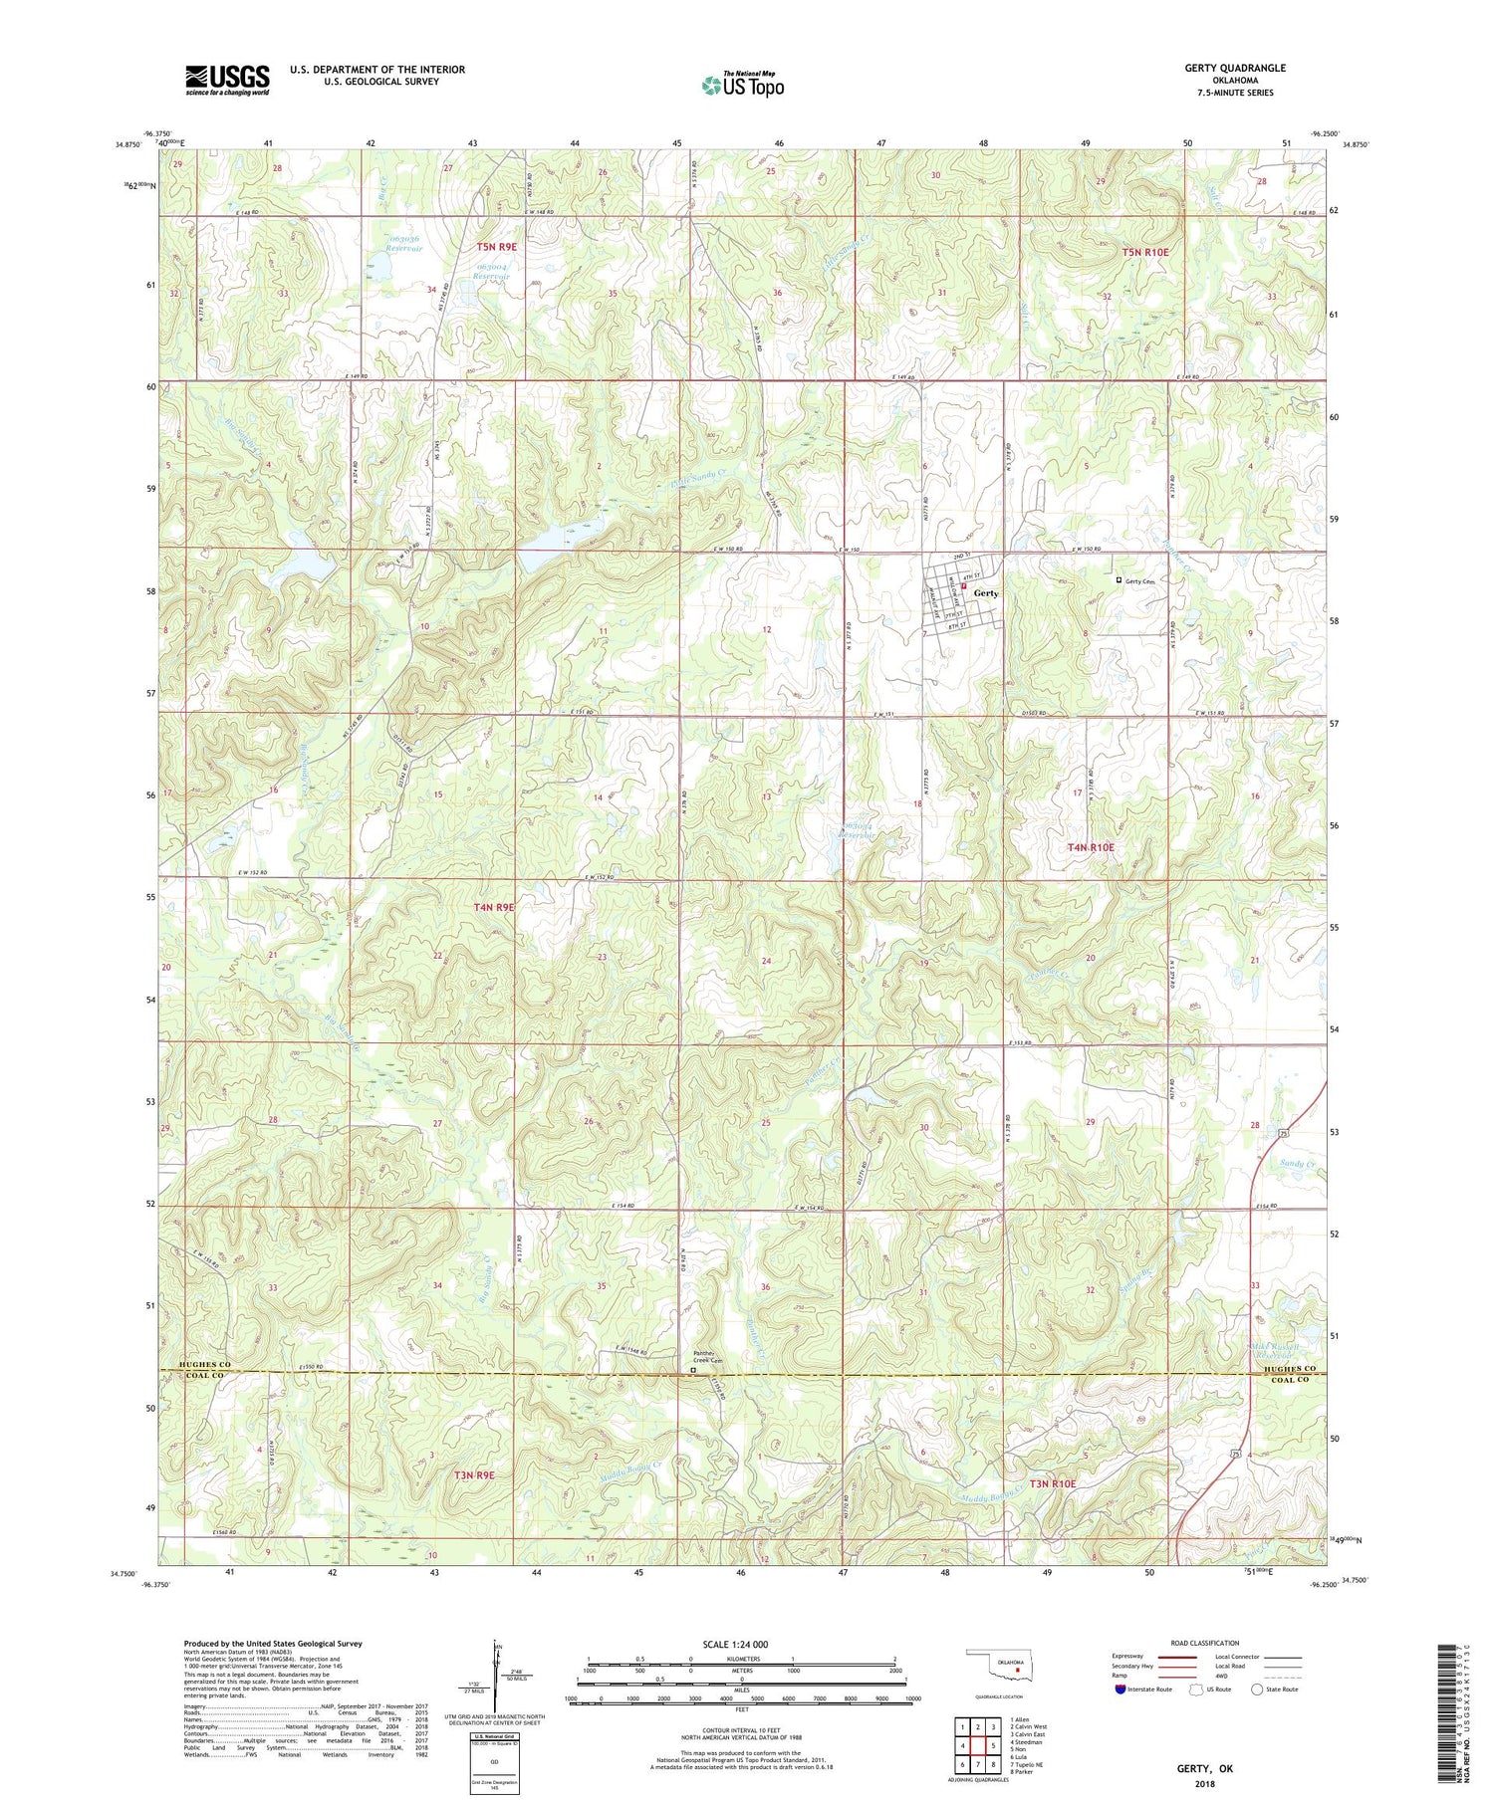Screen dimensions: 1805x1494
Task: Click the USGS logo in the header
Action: click(x=227, y=80)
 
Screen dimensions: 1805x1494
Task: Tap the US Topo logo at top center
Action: click(x=742, y=86)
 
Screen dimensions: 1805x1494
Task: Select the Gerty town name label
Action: click(x=986, y=593)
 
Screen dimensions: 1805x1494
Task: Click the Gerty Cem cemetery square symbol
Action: click(x=1119, y=580)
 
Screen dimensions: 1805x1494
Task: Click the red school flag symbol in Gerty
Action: click(x=964, y=587)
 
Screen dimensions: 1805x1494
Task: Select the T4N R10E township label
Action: click(x=1091, y=847)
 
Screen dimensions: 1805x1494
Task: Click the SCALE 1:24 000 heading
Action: click(x=741, y=1644)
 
